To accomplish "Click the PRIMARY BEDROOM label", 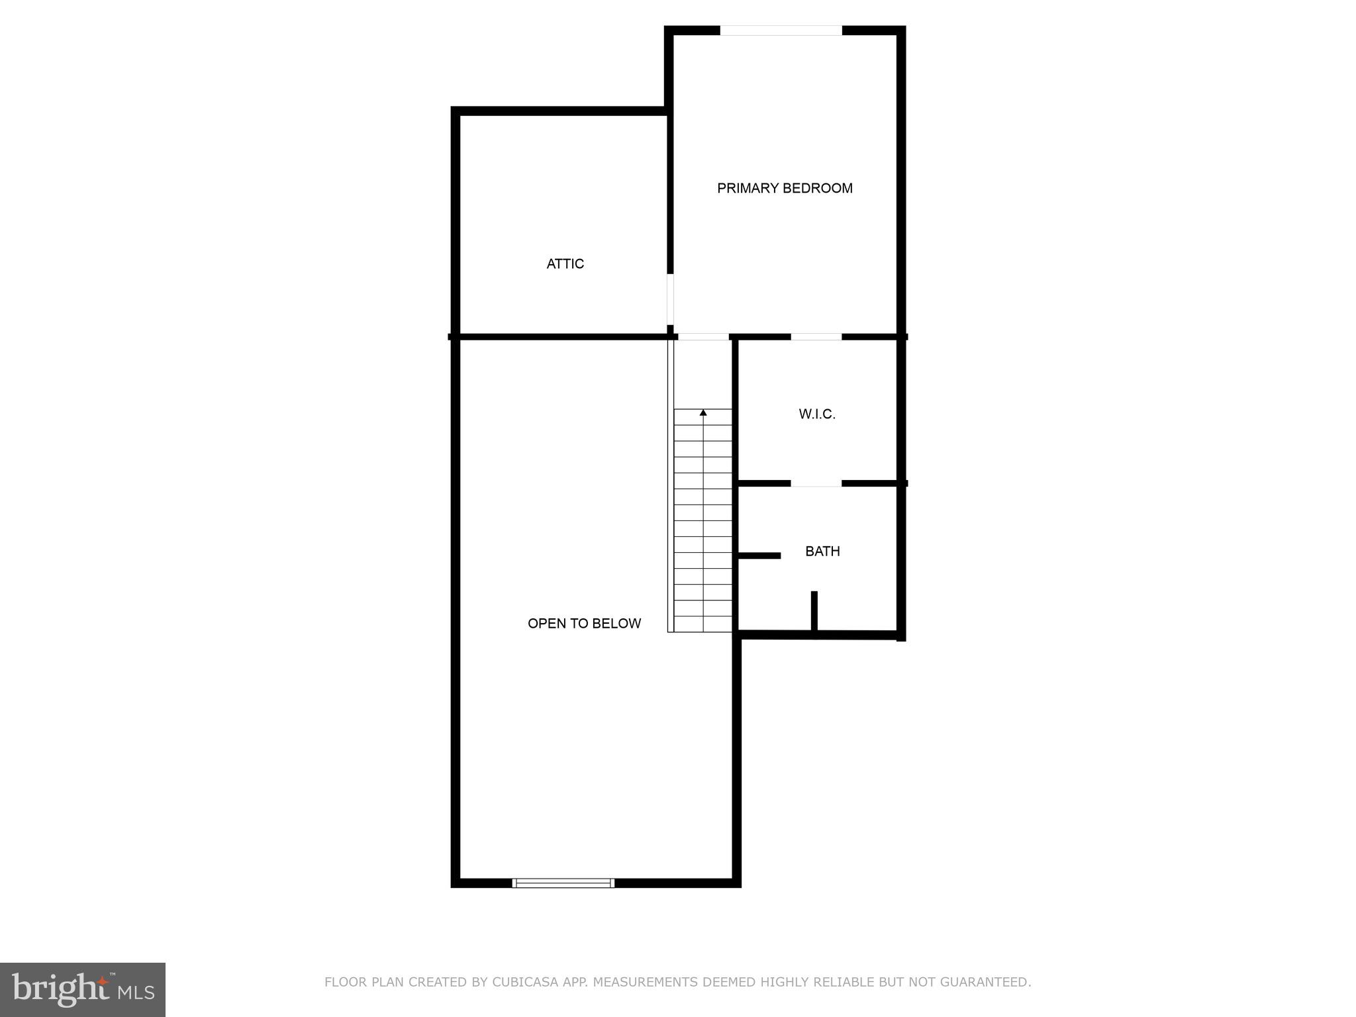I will (785, 189).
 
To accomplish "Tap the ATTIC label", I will (565, 264).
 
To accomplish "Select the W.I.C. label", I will (817, 414).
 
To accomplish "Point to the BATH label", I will (822, 552).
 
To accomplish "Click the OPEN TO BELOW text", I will (584, 624).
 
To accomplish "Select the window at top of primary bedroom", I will (781, 30).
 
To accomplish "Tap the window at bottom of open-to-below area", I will (563, 883).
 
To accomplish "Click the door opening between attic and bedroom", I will (670, 299).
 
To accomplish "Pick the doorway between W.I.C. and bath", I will (816, 484).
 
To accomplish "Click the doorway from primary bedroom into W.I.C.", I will (816, 337).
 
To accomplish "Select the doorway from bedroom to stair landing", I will (704, 337).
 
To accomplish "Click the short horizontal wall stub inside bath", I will (759, 556).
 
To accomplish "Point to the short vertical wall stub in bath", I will (814, 610).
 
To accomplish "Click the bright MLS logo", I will (83, 990).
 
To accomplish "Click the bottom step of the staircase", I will (703, 624).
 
